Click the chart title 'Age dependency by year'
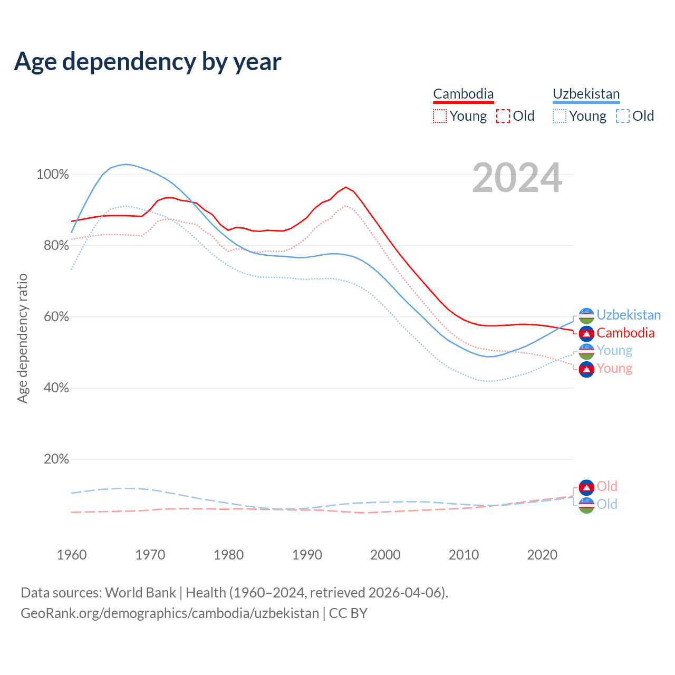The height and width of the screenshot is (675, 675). (x=148, y=62)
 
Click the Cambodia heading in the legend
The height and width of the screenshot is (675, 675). (x=463, y=94)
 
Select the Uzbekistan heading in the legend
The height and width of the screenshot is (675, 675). (x=586, y=94)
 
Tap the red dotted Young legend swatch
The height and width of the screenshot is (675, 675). (x=439, y=116)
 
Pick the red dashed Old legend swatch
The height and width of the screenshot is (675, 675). (x=503, y=116)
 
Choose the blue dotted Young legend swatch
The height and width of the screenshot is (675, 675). (x=559, y=116)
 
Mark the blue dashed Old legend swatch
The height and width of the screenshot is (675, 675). (x=623, y=116)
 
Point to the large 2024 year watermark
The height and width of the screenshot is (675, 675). (x=517, y=178)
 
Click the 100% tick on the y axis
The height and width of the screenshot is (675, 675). (x=53, y=175)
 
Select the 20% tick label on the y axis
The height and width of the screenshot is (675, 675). (x=56, y=459)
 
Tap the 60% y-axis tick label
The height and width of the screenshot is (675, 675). (x=56, y=317)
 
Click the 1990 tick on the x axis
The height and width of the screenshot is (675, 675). (x=307, y=555)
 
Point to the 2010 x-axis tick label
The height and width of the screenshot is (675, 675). (x=464, y=555)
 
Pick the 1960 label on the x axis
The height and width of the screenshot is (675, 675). (x=72, y=555)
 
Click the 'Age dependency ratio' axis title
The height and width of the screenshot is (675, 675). (x=22, y=338)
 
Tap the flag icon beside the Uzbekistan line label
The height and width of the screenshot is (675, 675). (x=586, y=315)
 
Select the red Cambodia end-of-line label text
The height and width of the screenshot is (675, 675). (x=625, y=333)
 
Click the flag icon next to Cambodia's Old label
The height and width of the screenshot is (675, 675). (x=586, y=487)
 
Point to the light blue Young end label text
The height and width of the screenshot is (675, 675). (x=614, y=351)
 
